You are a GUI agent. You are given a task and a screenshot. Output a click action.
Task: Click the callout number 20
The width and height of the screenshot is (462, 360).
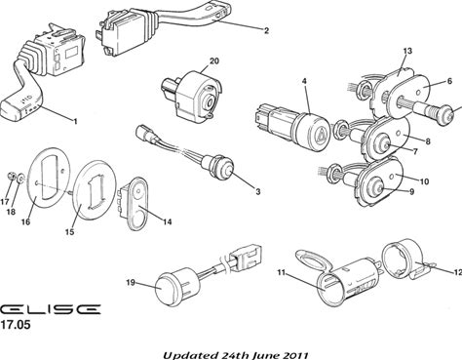click(x=214, y=61)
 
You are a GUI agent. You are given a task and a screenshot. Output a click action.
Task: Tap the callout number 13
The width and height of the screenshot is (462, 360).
click(x=407, y=51)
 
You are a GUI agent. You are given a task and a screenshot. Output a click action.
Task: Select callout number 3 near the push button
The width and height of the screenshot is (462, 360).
click(x=257, y=192)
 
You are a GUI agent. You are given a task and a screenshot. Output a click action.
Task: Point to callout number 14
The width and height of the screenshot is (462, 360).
click(x=167, y=221)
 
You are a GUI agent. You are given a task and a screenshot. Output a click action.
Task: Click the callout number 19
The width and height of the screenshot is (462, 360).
click(x=131, y=283)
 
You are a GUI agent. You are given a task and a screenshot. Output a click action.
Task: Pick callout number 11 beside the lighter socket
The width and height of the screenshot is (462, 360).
click(x=281, y=272)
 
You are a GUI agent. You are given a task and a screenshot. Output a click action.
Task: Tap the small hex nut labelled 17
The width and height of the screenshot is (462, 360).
click(x=11, y=177)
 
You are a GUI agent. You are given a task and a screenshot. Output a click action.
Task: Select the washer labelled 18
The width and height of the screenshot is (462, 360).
click(x=20, y=178)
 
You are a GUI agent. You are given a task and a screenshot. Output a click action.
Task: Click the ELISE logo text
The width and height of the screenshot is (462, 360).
click(x=50, y=309)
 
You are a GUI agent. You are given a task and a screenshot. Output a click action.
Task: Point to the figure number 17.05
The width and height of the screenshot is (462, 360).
click(x=16, y=324)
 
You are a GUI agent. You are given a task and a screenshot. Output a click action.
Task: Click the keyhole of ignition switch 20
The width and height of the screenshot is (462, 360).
click(x=210, y=102)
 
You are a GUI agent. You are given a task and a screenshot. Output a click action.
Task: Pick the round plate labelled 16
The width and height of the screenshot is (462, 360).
click(x=49, y=180)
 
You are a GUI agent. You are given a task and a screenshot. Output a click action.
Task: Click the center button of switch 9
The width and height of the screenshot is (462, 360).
click(x=379, y=187)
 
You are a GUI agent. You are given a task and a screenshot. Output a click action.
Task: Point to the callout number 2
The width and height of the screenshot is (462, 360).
click(x=266, y=31)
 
